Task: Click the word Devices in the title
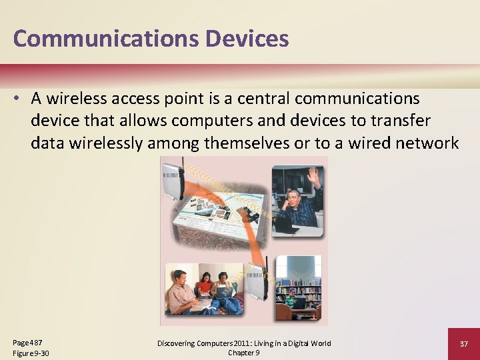[x=247, y=39]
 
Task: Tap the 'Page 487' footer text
[x=27, y=342]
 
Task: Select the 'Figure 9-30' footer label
[x=31, y=353]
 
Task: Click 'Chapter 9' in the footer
[x=244, y=353]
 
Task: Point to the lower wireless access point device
[x=257, y=283]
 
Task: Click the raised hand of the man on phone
[x=314, y=176]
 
